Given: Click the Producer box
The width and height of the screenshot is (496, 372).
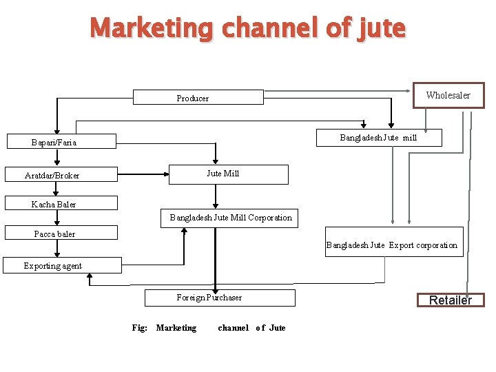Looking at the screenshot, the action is (197, 98).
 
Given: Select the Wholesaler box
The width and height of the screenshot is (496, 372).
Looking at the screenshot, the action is (448, 95).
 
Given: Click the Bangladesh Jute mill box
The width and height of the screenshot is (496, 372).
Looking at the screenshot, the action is (379, 138).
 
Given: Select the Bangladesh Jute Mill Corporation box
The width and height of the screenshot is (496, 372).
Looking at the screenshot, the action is (230, 218).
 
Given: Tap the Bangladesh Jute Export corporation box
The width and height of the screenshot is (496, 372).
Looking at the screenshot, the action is (392, 245).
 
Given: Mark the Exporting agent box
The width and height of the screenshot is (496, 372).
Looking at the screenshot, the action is (62, 265).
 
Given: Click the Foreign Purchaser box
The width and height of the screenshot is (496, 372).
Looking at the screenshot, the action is (219, 298).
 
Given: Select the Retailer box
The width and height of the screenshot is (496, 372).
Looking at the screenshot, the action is (451, 300).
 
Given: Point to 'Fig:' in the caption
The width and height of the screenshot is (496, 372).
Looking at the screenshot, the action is (139, 328).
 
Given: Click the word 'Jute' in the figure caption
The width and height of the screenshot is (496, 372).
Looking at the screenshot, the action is (277, 328).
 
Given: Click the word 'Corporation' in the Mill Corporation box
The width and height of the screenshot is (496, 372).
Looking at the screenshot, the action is (269, 218).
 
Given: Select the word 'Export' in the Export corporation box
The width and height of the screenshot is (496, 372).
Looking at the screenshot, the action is (402, 245).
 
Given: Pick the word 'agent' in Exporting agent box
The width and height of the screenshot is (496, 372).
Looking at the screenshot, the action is (71, 265).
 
